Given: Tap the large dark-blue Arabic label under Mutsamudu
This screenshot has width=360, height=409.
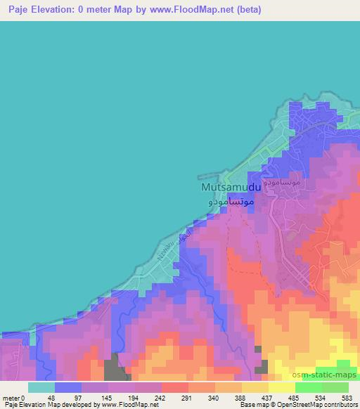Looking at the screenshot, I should [x=231, y=201].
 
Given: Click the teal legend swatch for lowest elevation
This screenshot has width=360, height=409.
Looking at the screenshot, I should [x=41, y=387].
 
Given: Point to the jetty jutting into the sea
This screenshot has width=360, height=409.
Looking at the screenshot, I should [x=210, y=178].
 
